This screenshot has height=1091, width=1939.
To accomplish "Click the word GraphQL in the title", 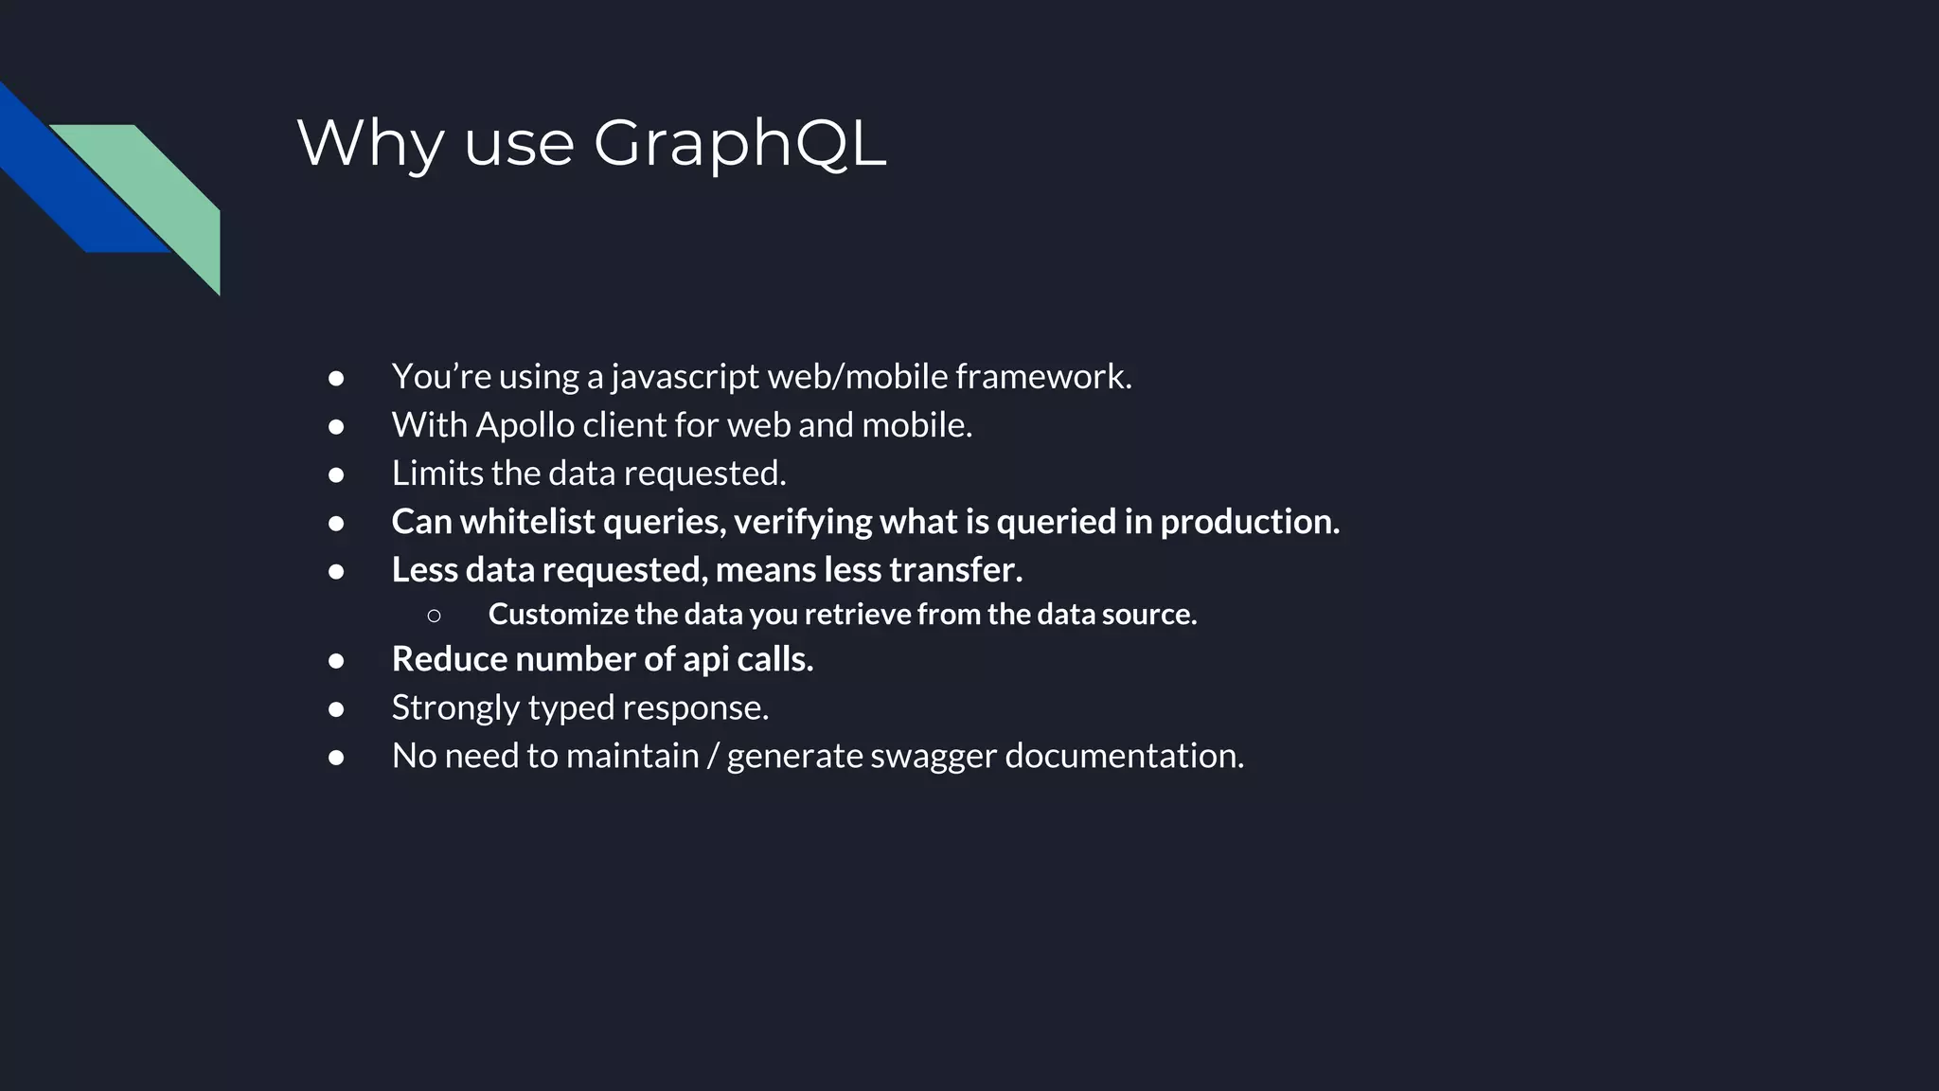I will (x=739, y=145).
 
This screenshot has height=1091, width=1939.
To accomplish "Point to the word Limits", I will (x=436, y=473).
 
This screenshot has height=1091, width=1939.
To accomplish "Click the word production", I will (x=1249, y=522).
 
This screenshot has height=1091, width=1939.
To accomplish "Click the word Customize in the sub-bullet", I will (x=558, y=615).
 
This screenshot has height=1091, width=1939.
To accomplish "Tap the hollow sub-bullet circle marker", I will (x=434, y=616).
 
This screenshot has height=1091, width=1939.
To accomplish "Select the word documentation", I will (x=1124, y=756).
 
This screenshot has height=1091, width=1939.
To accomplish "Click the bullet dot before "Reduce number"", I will (x=336, y=661).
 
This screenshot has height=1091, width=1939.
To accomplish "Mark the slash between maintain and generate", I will (x=712, y=757).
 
